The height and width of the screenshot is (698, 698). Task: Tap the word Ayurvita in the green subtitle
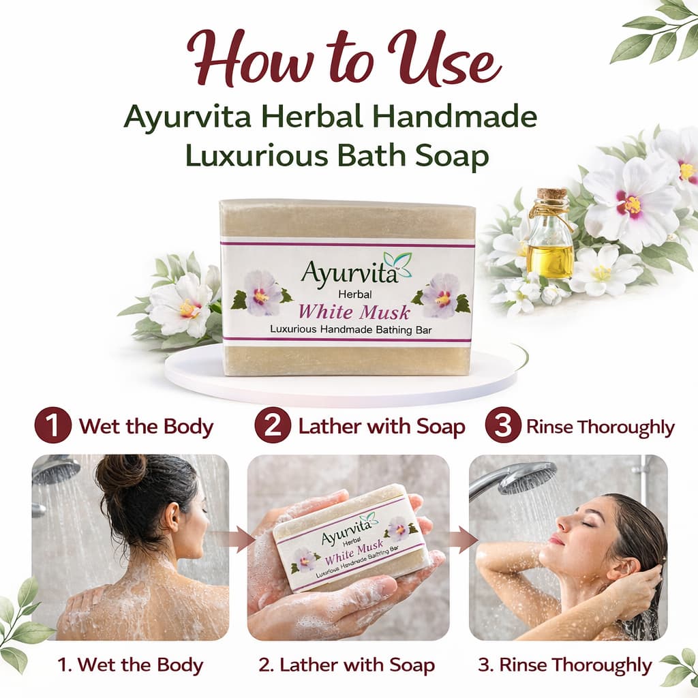point(187,117)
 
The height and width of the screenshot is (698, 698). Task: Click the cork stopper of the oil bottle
point(551,196)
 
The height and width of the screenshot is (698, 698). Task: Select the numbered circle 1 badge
point(53,425)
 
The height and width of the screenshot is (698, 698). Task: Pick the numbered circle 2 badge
point(273,425)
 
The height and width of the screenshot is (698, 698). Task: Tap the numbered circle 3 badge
point(503,425)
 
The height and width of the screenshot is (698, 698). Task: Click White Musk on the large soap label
point(354,312)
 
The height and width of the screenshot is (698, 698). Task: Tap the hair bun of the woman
point(122,474)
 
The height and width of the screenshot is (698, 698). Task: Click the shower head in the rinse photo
point(527,478)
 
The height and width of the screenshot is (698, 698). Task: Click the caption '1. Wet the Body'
point(130,665)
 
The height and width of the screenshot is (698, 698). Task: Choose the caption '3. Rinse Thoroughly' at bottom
point(565,665)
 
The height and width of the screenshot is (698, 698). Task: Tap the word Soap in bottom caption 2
point(412,665)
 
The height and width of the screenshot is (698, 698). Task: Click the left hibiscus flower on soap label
point(262,293)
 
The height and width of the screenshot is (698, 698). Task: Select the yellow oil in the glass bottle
point(550,260)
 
